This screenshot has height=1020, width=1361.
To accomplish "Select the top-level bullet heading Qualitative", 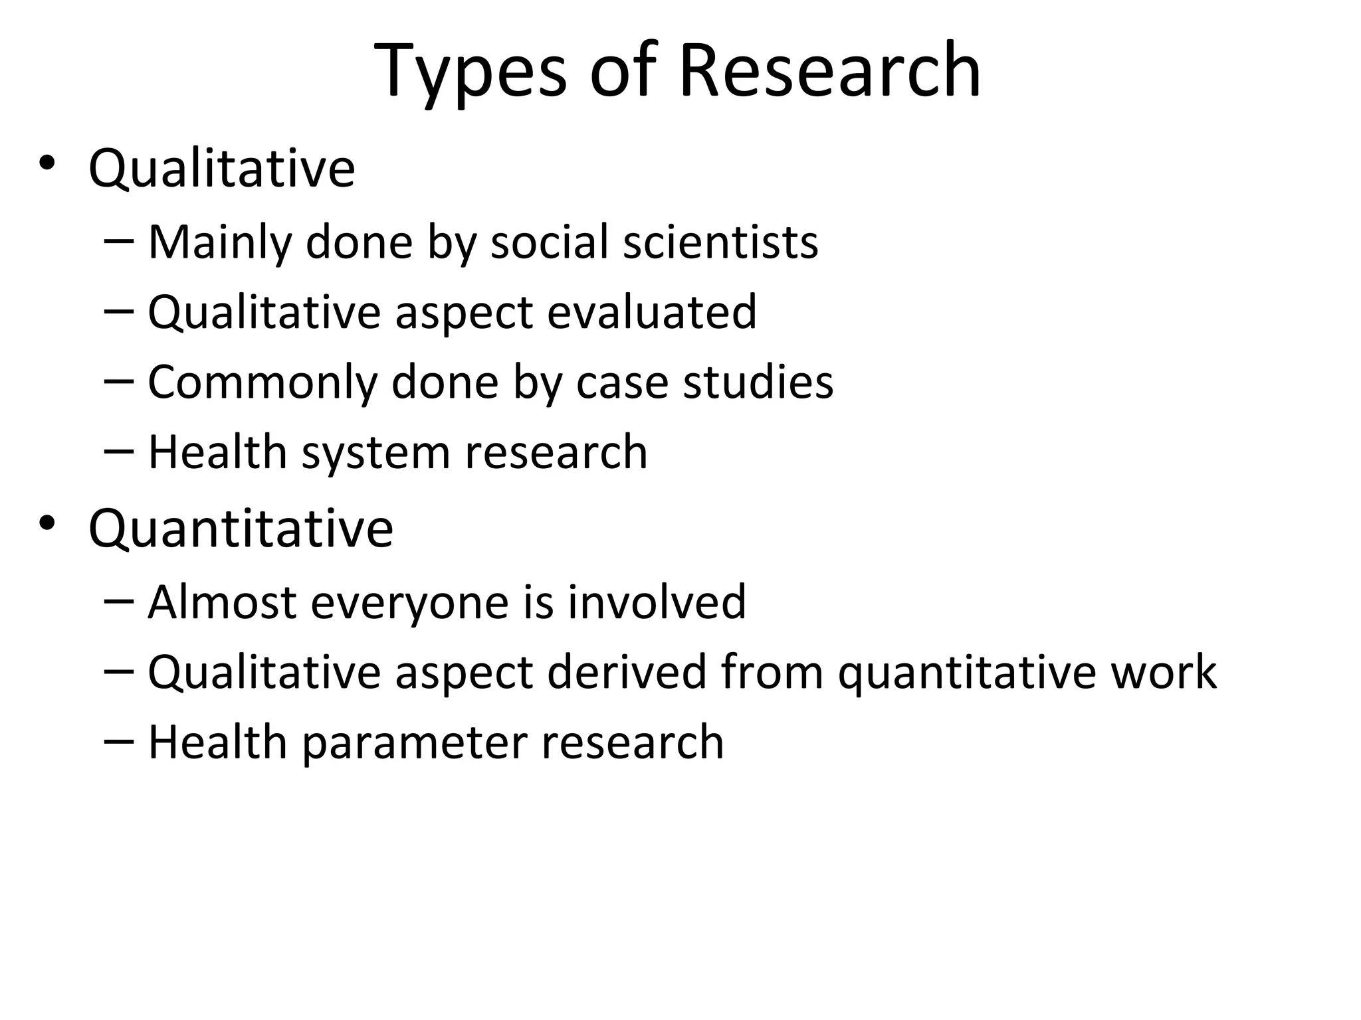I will click(x=222, y=169).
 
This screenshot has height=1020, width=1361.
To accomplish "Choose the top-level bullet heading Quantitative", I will click(x=241, y=529).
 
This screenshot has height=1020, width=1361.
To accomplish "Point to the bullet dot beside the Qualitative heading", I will click(x=46, y=163).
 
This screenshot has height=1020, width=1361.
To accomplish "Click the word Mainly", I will click(x=219, y=243).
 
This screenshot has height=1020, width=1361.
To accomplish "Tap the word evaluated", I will click(x=651, y=311).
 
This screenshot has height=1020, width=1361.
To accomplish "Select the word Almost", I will click(x=222, y=602).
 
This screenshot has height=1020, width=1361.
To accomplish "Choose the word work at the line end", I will click(x=1163, y=672).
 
